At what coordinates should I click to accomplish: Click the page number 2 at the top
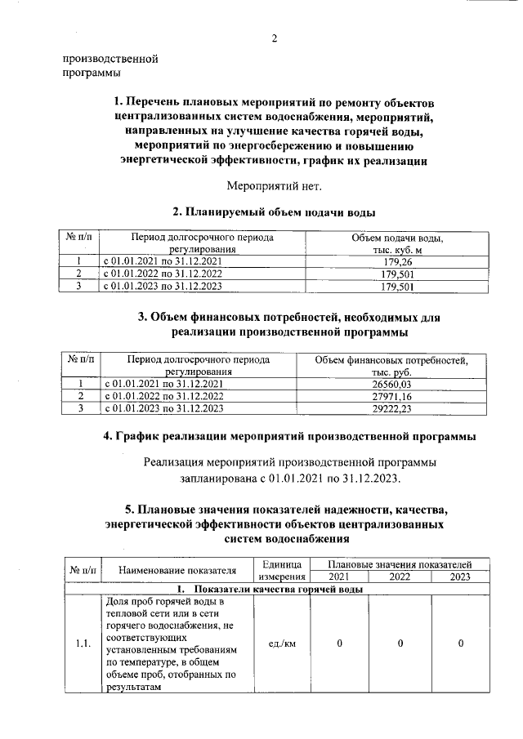tap(275, 38)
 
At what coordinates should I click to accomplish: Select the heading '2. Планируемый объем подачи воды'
tap(274, 211)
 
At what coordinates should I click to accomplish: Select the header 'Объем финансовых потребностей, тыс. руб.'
tap(391, 365)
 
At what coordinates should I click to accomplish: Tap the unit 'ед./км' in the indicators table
tap(282, 643)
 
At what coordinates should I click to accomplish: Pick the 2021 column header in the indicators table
tap(339, 577)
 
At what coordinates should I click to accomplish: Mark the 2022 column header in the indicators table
tap(400, 577)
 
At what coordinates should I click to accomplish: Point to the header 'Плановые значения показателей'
tap(400, 564)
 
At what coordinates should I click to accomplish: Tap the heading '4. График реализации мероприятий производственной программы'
tap(289, 437)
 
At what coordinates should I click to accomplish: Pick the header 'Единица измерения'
tap(282, 570)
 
